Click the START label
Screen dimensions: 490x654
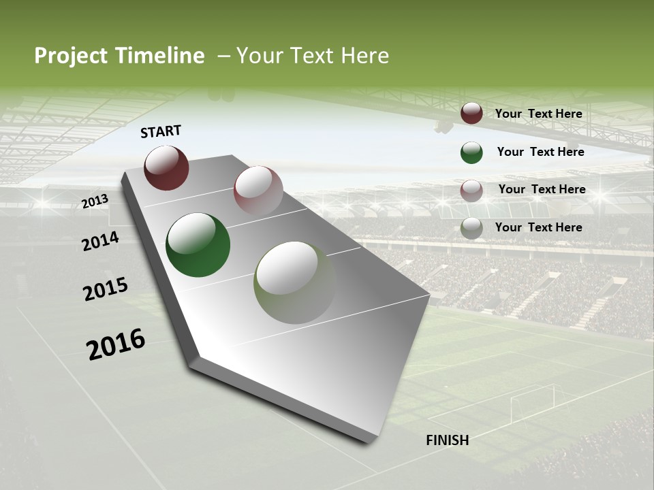tap(161, 131)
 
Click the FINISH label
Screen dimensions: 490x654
tap(447, 440)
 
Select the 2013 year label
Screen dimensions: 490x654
tap(95, 201)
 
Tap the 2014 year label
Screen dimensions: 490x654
tap(100, 241)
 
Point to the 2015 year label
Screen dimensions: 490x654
tap(106, 289)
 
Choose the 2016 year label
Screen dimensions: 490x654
tap(116, 344)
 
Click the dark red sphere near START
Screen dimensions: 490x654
tap(166, 167)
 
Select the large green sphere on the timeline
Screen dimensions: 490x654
tap(198, 245)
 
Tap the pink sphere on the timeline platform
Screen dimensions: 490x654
tap(258, 191)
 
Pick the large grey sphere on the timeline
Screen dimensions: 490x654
tap(294, 282)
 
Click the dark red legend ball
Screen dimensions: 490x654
tap(471, 114)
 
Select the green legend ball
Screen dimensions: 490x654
tap(471, 152)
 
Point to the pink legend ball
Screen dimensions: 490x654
tap(471, 191)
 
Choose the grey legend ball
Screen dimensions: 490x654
tap(471, 228)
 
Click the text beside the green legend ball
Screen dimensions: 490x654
tap(540, 152)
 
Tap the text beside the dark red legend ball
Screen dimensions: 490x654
tap(538, 114)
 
